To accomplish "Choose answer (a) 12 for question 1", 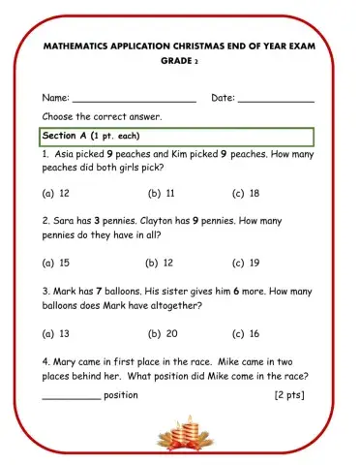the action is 56,193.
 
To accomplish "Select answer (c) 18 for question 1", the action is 246,193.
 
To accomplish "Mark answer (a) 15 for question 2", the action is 56,262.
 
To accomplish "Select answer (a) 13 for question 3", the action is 56,333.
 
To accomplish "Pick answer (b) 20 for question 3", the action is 163,333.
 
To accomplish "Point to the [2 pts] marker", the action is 291,395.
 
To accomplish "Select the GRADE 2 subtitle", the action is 179,60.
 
